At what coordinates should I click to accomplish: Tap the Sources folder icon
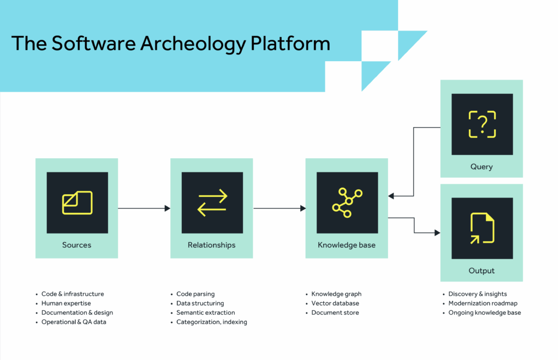tap(77, 202)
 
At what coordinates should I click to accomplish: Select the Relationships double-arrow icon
tap(212, 202)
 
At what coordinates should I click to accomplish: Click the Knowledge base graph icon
tap(347, 202)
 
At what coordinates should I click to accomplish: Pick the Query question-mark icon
tap(481, 124)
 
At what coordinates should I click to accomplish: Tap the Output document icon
tap(481, 228)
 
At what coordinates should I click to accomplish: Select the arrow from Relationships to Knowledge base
tap(279, 208)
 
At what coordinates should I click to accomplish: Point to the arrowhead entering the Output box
tap(437, 233)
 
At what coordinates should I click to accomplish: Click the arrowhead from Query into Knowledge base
tap(391, 196)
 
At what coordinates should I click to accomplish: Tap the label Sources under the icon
tap(76, 245)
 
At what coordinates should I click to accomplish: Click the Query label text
tap(481, 166)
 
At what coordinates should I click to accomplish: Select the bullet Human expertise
tap(66, 303)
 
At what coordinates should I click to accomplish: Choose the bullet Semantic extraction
tap(205, 313)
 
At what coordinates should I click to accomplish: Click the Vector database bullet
tap(335, 303)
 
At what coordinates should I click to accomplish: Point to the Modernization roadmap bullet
tap(483, 303)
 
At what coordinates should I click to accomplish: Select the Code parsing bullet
tap(195, 294)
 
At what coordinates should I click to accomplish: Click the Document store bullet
tap(335, 313)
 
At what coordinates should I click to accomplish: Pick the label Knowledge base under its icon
tap(347, 245)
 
